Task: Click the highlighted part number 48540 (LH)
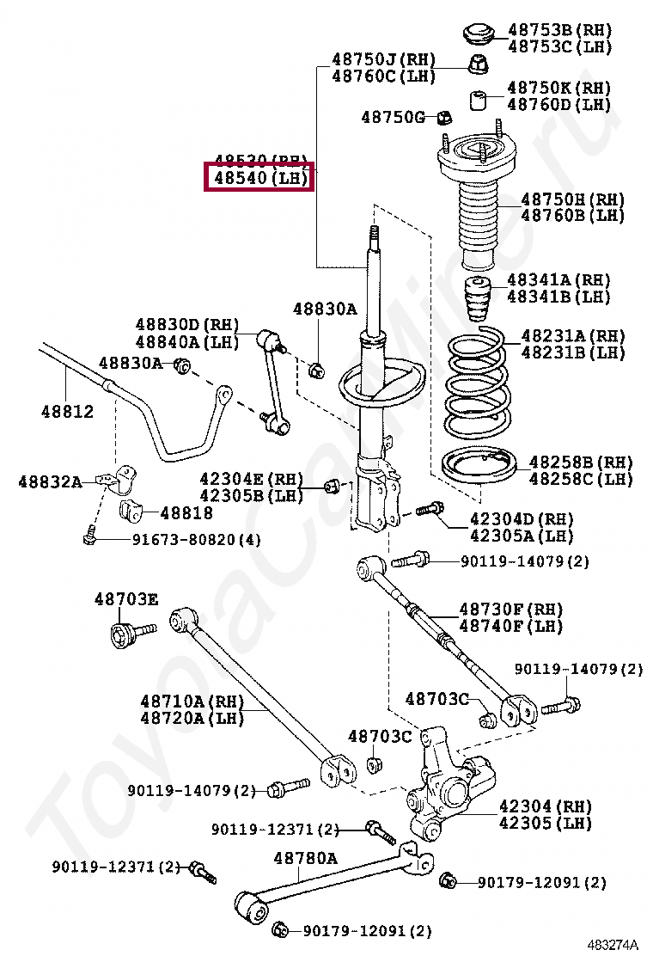point(259,179)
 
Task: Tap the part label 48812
point(67,412)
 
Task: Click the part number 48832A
point(50,482)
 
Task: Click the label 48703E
point(126,599)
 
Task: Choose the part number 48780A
point(305,858)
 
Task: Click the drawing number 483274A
point(613,944)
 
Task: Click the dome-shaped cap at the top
point(479,33)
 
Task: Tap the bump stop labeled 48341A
point(476,297)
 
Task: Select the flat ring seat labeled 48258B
point(477,470)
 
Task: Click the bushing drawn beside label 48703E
point(126,636)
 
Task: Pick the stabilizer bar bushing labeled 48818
point(131,510)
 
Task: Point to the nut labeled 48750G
point(444,116)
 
